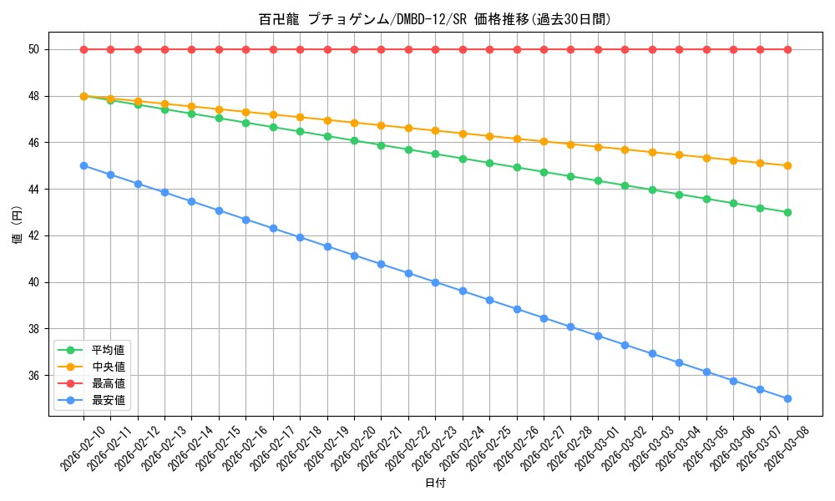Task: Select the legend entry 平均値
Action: point(109,350)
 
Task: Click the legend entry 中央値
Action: point(109,367)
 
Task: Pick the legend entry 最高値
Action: point(109,383)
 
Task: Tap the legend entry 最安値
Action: point(109,400)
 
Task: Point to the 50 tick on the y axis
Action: point(33,50)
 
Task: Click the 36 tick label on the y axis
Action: point(33,376)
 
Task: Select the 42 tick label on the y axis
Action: point(33,236)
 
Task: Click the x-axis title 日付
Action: point(435,483)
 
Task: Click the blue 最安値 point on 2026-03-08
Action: point(787,399)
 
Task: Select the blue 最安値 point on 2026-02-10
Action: point(83,165)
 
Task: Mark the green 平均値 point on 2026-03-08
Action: point(787,212)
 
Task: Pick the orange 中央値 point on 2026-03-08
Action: point(787,165)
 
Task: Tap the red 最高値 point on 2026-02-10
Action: point(83,49)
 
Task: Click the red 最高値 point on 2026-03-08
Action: point(787,49)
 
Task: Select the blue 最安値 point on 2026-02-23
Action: point(435,282)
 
